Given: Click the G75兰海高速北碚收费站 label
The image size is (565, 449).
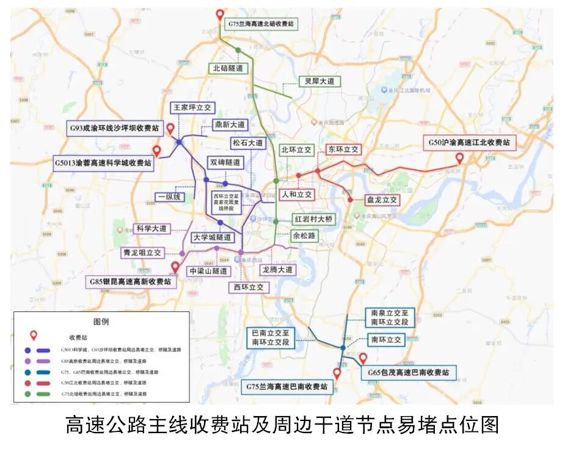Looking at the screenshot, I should tap(261, 24).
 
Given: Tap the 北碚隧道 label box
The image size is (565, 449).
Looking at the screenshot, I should tap(229, 68).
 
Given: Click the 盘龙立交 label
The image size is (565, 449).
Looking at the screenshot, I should tap(382, 199).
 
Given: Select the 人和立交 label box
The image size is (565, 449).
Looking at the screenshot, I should tap(296, 195).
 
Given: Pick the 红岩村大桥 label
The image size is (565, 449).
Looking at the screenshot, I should tap(313, 220).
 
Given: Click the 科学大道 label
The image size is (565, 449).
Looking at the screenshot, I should tap(151, 228).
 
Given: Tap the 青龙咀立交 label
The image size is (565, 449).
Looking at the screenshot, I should tap(142, 252).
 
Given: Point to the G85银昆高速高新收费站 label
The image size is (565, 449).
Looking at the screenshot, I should tap(131, 281).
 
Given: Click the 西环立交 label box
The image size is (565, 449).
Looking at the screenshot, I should tap(249, 287).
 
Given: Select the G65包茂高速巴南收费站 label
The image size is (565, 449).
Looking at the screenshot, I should tap(407, 372).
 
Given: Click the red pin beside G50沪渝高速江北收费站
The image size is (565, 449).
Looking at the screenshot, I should tap(459, 158).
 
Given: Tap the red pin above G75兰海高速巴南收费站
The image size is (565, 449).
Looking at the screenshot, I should tap(337, 373).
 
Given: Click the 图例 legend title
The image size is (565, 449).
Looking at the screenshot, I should tap(101, 321).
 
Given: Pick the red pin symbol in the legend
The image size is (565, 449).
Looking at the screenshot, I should tap(34, 335).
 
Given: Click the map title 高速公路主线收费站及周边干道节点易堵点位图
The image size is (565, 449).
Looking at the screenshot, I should tap(282, 424).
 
